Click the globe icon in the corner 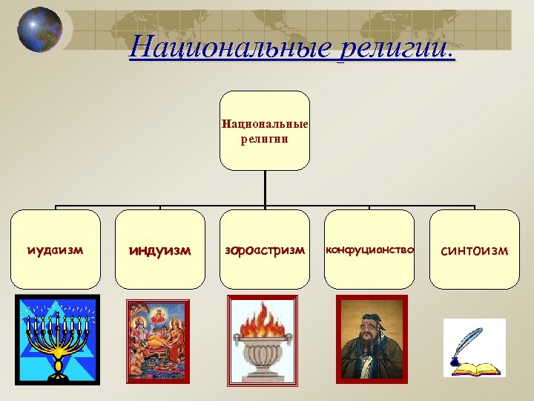pos(39,30)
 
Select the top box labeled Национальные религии pos(265,131)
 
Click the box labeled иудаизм pos(55,250)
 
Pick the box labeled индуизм pos(159,250)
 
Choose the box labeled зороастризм pos(265,250)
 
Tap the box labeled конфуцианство pos(369,250)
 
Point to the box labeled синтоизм pos(475,250)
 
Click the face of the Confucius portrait pos(370,327)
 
